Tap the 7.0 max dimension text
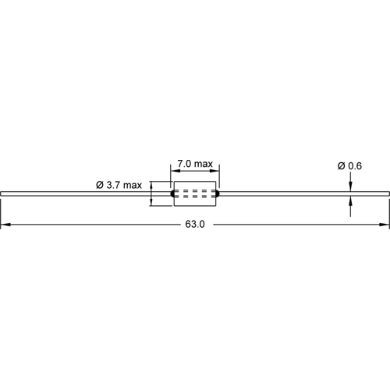(194, 164)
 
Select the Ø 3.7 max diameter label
(119, 185)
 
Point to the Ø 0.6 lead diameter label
(349, 166)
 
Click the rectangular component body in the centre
(195, 193)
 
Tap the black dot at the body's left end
(173, 193)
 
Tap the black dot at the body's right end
(218, 193)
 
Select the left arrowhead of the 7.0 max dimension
(174, 172)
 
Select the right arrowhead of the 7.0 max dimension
(216, 172)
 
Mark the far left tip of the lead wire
(2, 193)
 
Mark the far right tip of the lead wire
(388, 193)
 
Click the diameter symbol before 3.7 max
(100, 185)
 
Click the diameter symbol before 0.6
(342, 166)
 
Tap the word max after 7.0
(204, 164)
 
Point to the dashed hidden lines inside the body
(195, 193)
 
